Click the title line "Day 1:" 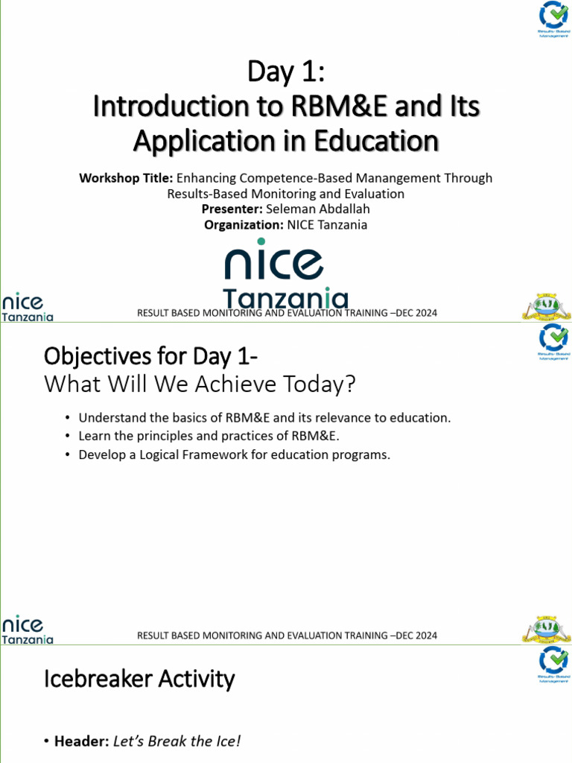pyautogui.click(x=286, y=74)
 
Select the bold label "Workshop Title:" pyautogui.click(x=126, y=178)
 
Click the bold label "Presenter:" pyautogui.click(x=232, y=209)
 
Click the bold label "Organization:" pyautogui.click(x=243, y=225)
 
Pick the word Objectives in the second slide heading pyautogui.click(x=89, y=357)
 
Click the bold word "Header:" pyautogui.click(x=82, y=741)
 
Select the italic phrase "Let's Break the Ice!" pyautogui.click(x=177, y=741)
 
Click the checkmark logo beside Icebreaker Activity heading pyautogui.click(x=553, y=662)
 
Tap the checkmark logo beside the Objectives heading pyautogui.click(x=553, y=339)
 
